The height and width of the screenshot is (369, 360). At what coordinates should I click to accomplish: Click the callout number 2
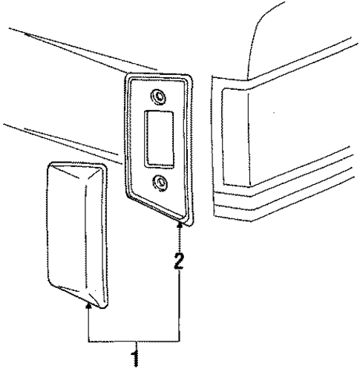(x=179, y=261)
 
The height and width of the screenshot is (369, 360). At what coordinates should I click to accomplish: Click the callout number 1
(x=135, y=357)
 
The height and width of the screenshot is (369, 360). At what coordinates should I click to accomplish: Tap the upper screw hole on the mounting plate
(x=158, y=96)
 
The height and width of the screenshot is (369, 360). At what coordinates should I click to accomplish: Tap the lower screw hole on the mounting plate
(x=160, y=183)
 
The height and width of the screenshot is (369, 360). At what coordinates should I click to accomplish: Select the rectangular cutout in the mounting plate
(x=159, y=140)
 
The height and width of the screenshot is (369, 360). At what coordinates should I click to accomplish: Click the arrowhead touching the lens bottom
(x=88, y=306)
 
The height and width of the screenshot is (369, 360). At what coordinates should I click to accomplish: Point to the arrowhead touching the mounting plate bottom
(x=180, y=225)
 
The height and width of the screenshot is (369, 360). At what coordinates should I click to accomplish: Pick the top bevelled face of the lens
(x=76, y=172)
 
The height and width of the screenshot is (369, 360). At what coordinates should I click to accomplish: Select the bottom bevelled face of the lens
(x=76, y=295)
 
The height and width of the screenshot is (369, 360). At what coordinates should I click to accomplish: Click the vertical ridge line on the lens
(x=85, y=236)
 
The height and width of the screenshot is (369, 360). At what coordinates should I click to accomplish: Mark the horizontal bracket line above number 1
(x=134, y=342)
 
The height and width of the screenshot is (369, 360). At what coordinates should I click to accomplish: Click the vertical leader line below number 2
(x=180, y=306)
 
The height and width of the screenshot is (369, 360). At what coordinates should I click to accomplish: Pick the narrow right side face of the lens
(x=105, y=235)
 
